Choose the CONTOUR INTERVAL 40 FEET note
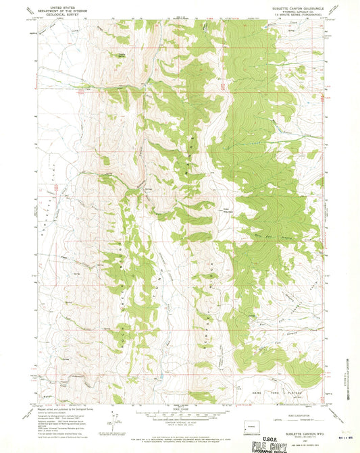pos(181,417)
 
